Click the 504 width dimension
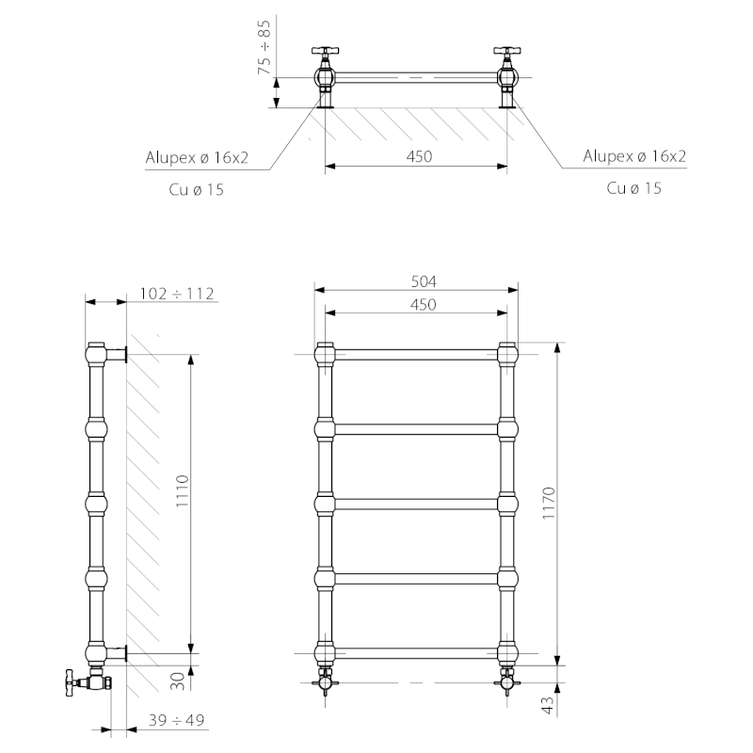tap(424, 281)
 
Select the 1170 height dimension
tap(549, 503)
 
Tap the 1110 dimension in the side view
tap(182, 490)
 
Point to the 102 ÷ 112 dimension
tap(177, 294)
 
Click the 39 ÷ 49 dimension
tap(176, 720)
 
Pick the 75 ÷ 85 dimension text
tap(264, 46)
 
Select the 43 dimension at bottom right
tap(548, 704)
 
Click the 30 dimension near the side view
tap(178, 681)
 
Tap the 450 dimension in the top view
tap(419, 156)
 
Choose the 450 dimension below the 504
tap(423, 304)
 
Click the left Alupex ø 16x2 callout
tap(197, 157)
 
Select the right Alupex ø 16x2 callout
tap(634, 156)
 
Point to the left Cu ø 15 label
tap(196, 190)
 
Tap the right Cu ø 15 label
tap(633, 187)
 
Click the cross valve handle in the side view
tap(72, 681)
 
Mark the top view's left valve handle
tap(326, 51)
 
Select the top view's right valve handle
tap(507, 51)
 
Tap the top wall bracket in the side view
tap(116, 355)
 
